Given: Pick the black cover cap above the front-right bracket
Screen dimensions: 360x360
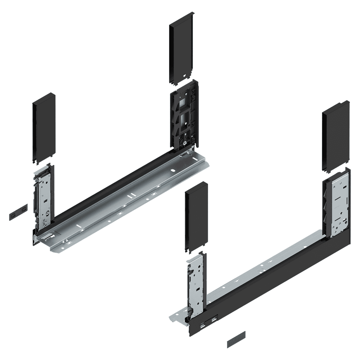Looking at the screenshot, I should pos(195,218).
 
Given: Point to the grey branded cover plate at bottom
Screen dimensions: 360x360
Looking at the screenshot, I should pos(236,339).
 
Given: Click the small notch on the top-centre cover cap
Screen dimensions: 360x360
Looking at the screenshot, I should pos(185,76).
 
